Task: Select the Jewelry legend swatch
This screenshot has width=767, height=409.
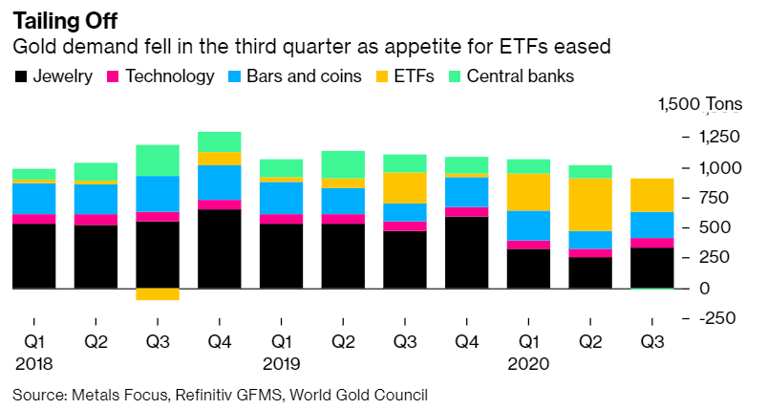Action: [20, 76]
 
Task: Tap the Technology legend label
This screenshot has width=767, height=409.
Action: [170, 76]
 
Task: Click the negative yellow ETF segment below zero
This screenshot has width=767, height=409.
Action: [158, 294]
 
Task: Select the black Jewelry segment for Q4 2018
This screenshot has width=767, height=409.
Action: [219, 248]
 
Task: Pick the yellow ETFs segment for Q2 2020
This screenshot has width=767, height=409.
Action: [590, 204]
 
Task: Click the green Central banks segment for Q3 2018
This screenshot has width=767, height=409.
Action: [158, 161]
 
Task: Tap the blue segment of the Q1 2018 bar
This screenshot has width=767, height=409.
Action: [33, 198]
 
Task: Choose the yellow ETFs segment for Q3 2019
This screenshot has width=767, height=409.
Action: [405, 187]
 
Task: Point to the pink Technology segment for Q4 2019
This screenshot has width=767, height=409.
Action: [466, 212]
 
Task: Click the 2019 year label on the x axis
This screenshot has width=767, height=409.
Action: [281, 363]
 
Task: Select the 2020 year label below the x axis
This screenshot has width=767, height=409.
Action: [528, 363]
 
